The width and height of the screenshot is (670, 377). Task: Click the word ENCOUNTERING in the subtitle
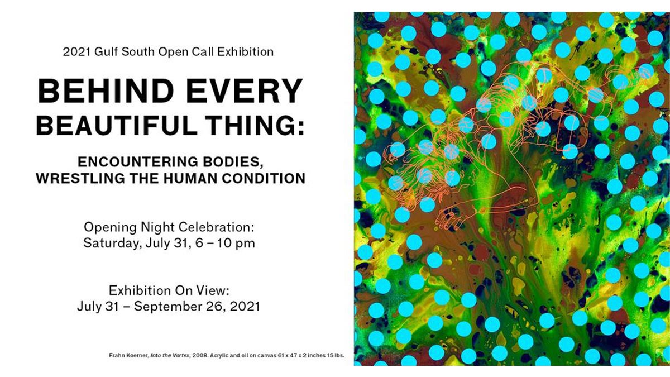tap(138, 162)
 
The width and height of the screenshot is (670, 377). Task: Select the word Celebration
tap(216, 227)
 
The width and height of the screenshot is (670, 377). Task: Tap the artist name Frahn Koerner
tap(128, 356)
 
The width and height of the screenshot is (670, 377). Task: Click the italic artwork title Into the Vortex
tap(170, 356)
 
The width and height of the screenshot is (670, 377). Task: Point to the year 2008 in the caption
tap(200, 356)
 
